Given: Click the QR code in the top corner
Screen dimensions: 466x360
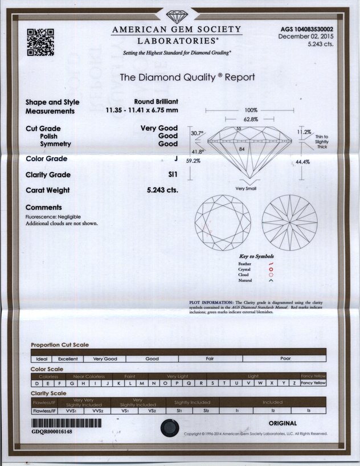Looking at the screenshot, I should pyautogui.click(x=40, y=42).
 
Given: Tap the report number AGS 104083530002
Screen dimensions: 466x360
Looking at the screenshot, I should pyautogui.click(x=308, y=29).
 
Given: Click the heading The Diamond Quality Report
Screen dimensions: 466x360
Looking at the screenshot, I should pyautogui.click(x=187, y=77).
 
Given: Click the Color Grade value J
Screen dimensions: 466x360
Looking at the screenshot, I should pyautogui.click(x=175, y=159).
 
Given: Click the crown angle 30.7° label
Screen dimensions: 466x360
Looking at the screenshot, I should pyautogui.click(x=197, y=133).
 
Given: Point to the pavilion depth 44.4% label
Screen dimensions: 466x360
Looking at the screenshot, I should pyautogui.click(x=303, y=162).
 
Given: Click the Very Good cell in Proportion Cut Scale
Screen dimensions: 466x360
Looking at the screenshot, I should pyautogui.click(x=105, y=359).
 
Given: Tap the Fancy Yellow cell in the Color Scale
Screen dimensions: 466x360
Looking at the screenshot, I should pyautogui.click(x=313, y=383).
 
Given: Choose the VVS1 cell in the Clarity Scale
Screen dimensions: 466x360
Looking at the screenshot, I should pyautogui.click(x=71, y=410).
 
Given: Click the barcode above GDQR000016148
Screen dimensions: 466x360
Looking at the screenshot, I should pyautogui.click(x=66, y=423).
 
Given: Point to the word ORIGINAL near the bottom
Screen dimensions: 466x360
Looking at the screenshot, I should pyautogui.click(x=283, y=423).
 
